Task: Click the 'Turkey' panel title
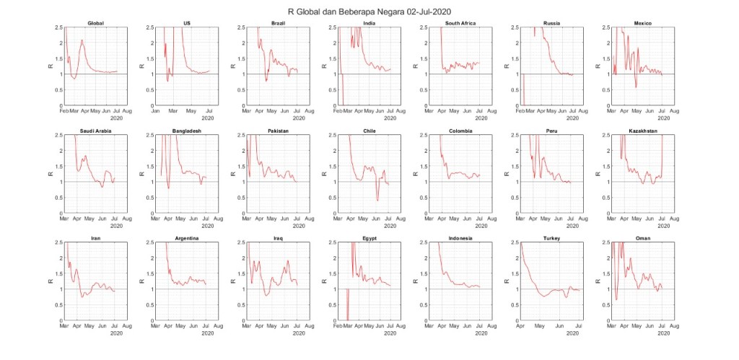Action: [x=551, y=238]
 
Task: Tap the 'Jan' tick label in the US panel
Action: [x=156, y=112]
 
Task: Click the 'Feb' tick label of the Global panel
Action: [x=64, y=112]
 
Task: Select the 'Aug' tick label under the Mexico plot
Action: [x=673, y=112]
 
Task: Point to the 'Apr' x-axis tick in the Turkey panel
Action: [x=520, y=326]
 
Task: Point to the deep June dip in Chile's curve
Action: [x=377, y=200]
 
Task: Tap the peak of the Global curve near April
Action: [x=82, y=40]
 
